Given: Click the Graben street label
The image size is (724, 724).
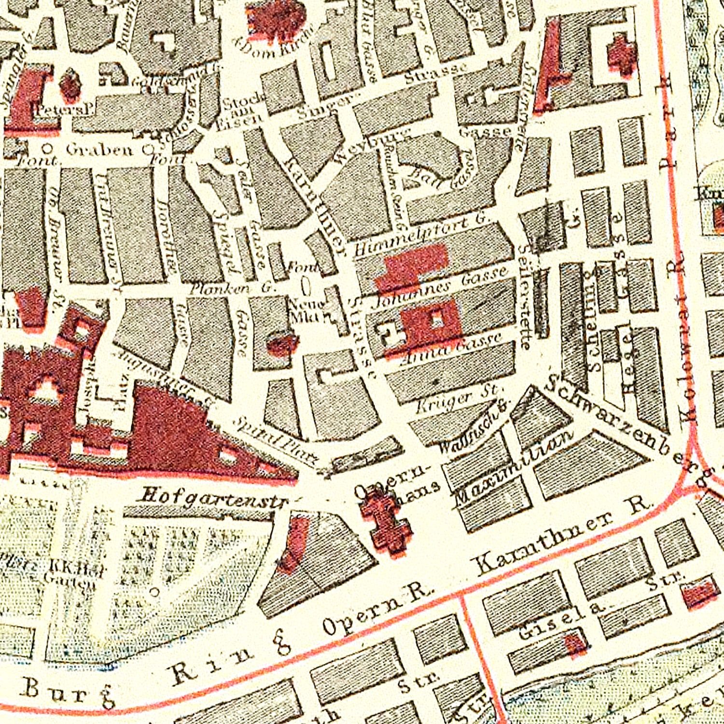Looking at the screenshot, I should (x=98, y=149).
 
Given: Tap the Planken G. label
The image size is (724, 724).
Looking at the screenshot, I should (x=232, y=289).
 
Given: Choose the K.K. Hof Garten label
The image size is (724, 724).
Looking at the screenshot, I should (x=72, y=577).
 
